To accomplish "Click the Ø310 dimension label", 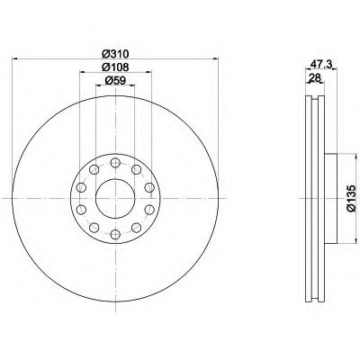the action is pyautogui.click(x=115, y=54).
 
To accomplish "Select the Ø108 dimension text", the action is pyautogui.click(x=115, y=67).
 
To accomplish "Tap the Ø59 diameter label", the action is pyautogui.click(x=115, y=80).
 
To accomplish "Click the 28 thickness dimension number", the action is pyautogui.click(x=315, y=78).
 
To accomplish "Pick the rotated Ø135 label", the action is pyautogui.click(x=351, y=199).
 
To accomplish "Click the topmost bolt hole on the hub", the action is pyautogui.click(x=115, y=163).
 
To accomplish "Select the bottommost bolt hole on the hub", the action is pyautogui.click(x=115, y=234).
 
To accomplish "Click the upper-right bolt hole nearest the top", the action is pyautogui.click(x=136, y=169).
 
